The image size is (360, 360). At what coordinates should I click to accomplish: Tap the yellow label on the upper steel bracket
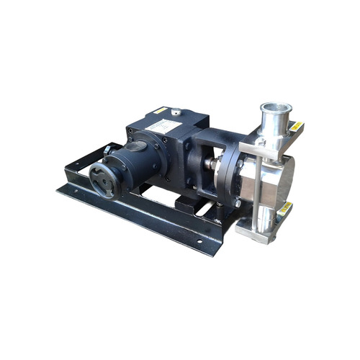click(296, 127)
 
